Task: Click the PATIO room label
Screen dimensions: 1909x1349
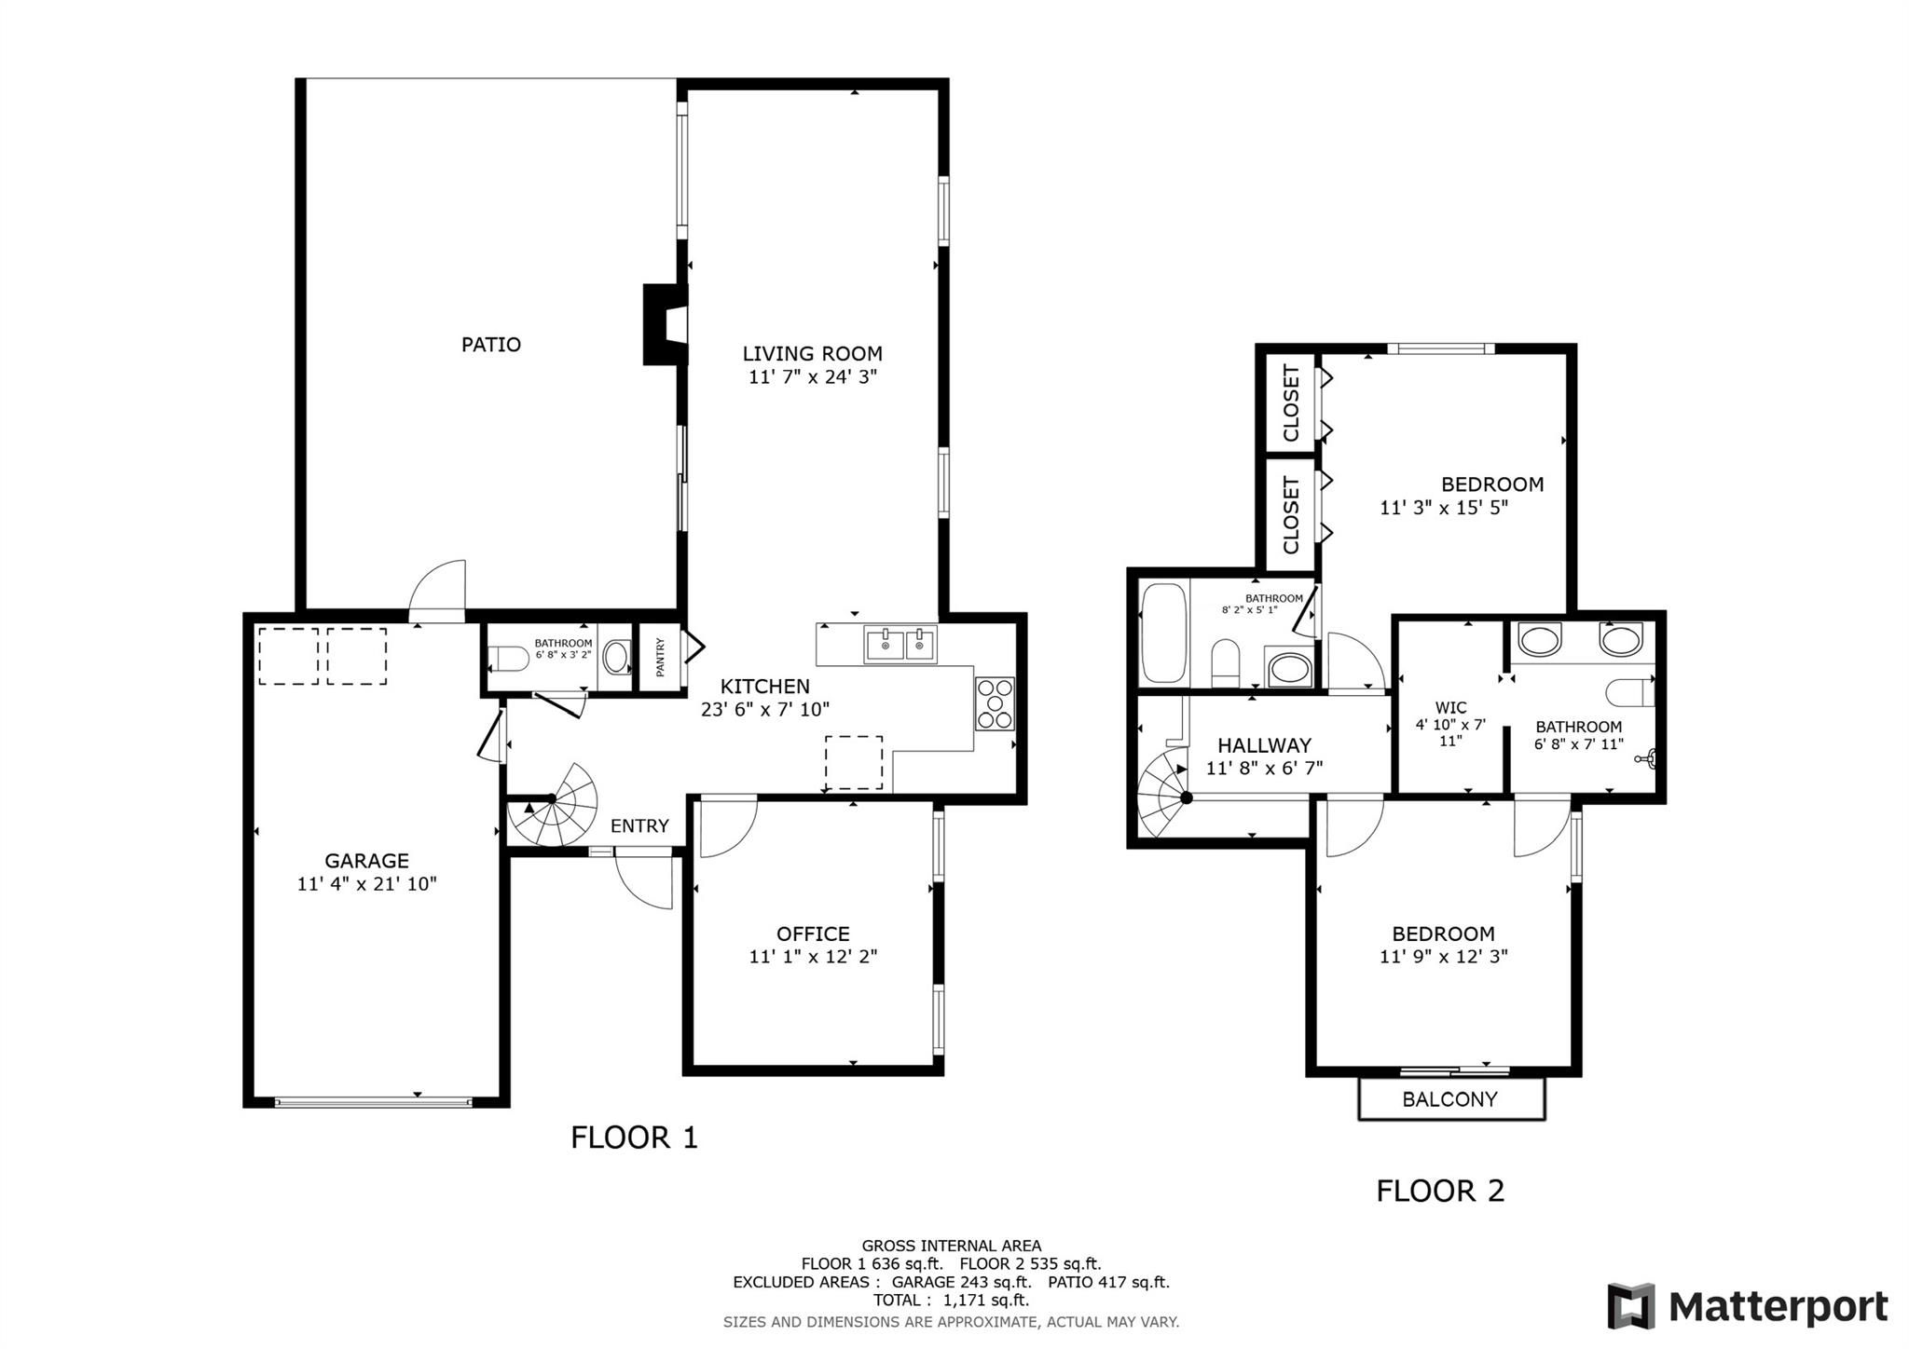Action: click(x=491, y=345)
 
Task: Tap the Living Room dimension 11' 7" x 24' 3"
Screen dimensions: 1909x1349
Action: click(x=813, y=377)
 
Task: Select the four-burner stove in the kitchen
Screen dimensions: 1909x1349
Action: click(x=995, y=703)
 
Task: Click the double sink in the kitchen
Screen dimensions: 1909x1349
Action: click(x=900, y=644)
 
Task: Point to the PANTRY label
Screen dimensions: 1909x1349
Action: click(x=661, y=657)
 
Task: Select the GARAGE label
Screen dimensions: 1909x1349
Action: click(x=366, y=861)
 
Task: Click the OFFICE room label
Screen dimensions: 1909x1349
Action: click(x=813, y=933)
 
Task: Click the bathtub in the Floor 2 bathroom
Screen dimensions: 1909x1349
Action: click(x=1163, y=633)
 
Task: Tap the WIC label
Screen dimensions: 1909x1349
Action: click(x=1451, y=707)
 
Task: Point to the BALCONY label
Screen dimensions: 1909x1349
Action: click(x=1450, y=1099)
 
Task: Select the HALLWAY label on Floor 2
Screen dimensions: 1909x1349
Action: click(x=1265, y=745)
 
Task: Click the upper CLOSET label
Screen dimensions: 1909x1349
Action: click(x=1291, y=403)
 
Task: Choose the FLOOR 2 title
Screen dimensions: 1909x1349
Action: click(x=1440, y=1191)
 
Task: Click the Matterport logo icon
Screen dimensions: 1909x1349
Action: click(x=1630, y=1306)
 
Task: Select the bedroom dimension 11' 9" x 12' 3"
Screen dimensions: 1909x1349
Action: click(x=1444, y=957)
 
